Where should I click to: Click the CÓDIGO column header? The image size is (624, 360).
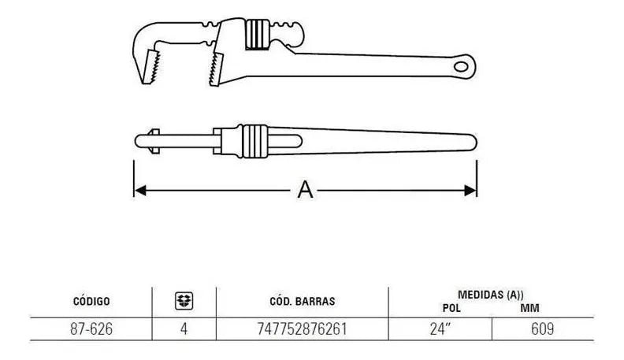point(91,300)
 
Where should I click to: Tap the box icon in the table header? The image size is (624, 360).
point(184,299)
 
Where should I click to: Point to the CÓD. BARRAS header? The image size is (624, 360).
point(303,300)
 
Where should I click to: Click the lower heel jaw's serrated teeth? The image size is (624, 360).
point(215,70)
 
